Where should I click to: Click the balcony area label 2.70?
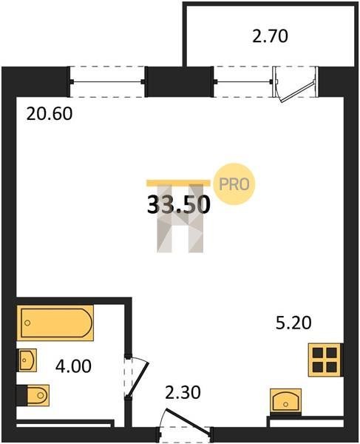point(270,36)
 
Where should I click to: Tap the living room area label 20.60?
point(50,114)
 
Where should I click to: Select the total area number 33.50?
point(179,205)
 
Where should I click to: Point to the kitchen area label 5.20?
point(293,323)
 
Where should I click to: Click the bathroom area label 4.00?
point(73,366)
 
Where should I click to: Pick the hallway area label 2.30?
point(183,393)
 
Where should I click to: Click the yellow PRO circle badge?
point(234,184)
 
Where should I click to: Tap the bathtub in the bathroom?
point(55,323)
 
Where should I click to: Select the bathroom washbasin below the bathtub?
point(27,360)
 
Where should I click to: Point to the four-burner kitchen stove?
point(325,360)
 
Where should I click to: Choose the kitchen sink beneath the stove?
point(285,400)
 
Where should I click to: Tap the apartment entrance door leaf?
point(188,421)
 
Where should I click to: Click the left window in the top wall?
point(107,82)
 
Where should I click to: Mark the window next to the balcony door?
point(243,82)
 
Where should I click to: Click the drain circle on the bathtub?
point(27,323)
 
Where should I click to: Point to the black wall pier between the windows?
point(180,81)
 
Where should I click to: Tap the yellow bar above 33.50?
point(178,183)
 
